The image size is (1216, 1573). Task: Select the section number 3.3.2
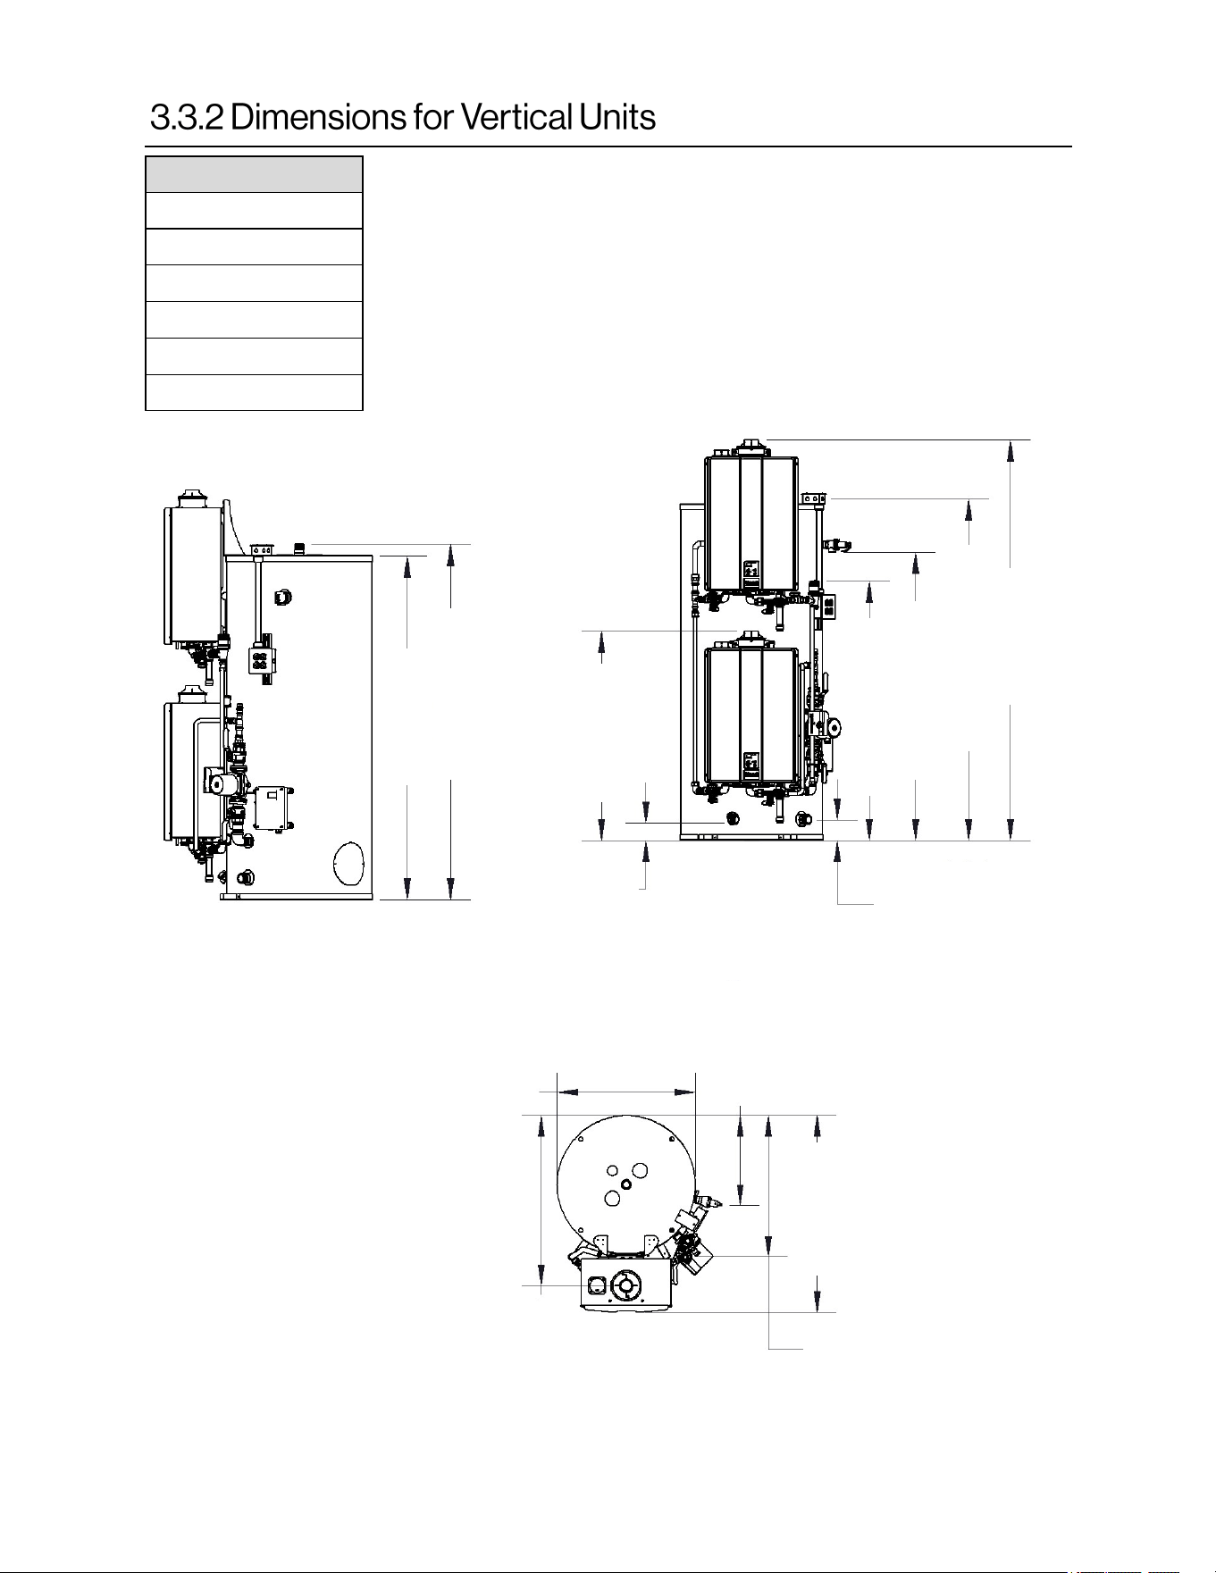point(187,117)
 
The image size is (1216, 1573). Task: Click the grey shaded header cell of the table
point(254,174)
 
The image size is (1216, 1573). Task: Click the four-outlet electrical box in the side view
point(260,661)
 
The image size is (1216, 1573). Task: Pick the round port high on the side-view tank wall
point(281,596)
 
